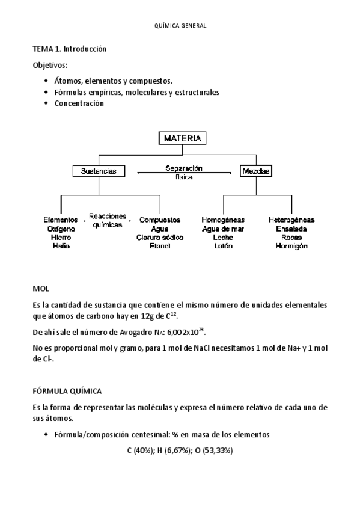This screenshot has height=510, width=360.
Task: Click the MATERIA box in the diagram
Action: tap(183, 138)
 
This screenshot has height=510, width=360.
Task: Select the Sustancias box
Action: tap(99, 171)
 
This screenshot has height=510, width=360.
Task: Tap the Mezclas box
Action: tap(256, 171)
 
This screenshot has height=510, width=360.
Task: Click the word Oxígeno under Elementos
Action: tap(61, 229)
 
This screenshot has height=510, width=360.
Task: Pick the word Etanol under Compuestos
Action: tap(160, 246)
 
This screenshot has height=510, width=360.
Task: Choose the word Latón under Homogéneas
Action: tap(223, 246)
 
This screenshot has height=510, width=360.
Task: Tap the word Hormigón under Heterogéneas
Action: tap(291, 246)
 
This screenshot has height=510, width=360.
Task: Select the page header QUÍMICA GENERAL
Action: tap(180, 25)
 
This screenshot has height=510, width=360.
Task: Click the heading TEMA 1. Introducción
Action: tap(69, 49)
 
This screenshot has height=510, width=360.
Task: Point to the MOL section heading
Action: tap(41, 289)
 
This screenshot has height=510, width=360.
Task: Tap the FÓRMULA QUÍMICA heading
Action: tap(67, 390)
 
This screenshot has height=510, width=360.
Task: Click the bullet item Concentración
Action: tap(79, 103)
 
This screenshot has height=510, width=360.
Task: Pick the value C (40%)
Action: tap(140, 450)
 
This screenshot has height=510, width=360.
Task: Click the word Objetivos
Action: tap(50, 65)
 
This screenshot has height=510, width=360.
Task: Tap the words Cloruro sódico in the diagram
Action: tap(160, 238)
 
